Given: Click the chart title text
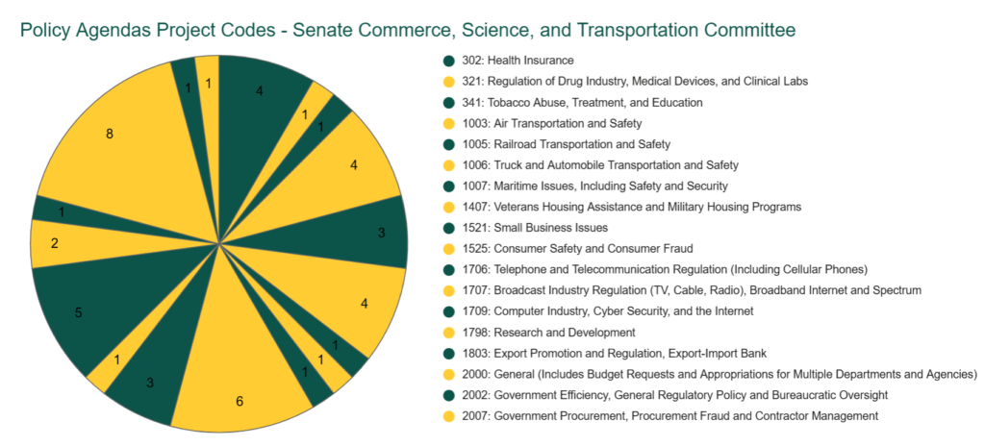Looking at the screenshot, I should click(407, 30).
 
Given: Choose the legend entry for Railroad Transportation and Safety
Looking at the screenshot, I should click(564, 144).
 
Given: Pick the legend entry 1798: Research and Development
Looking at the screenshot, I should click(544, 332).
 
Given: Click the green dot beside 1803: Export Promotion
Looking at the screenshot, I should click(448, 353).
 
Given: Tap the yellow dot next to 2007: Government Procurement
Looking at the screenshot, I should click(448, 415).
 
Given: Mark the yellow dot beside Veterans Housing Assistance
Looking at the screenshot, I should click(448, 207).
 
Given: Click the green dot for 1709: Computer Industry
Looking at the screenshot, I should click(448, 310).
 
